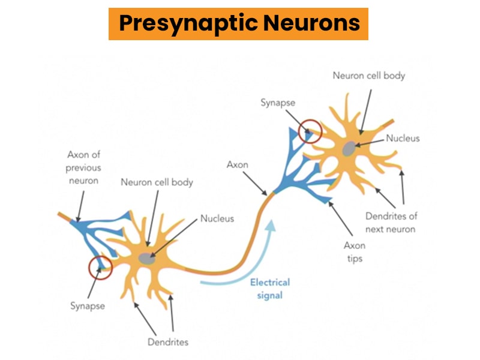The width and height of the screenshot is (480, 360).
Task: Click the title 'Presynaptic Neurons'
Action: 239,23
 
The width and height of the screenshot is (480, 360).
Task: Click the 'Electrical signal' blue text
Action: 269,288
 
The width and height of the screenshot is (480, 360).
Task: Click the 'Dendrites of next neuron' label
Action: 391,223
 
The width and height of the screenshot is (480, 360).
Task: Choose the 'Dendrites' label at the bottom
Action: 168,342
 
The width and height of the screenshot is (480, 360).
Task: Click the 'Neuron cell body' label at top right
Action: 369,76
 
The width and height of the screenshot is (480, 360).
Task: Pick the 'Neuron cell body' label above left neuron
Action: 157,182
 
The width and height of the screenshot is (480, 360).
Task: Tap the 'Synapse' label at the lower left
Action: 87,306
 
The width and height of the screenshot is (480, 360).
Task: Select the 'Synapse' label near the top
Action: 278,103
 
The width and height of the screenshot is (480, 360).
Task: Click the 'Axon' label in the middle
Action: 236,163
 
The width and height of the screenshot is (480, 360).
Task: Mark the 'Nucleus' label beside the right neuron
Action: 403,138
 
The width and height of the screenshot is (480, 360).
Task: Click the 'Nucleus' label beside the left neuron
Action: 217,218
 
